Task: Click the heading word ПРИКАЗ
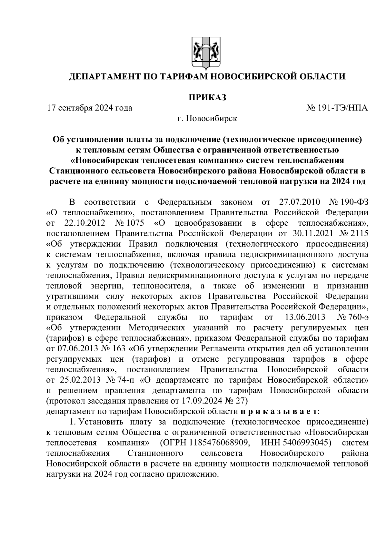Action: point(207,97)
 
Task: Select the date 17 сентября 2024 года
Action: point(89,108)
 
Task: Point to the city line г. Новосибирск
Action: point(207,119)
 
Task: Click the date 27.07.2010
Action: point(298,202)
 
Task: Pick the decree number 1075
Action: point(135,223)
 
